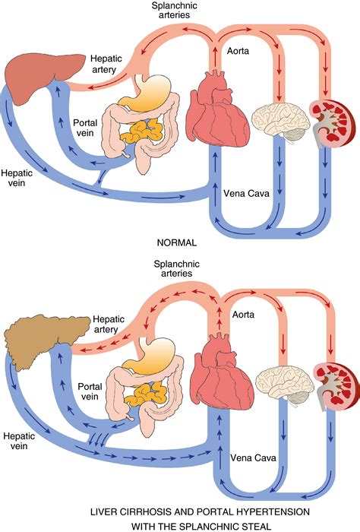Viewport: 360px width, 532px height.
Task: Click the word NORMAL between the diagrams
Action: [176, 244]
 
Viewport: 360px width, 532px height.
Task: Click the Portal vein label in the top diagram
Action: [86, 128]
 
